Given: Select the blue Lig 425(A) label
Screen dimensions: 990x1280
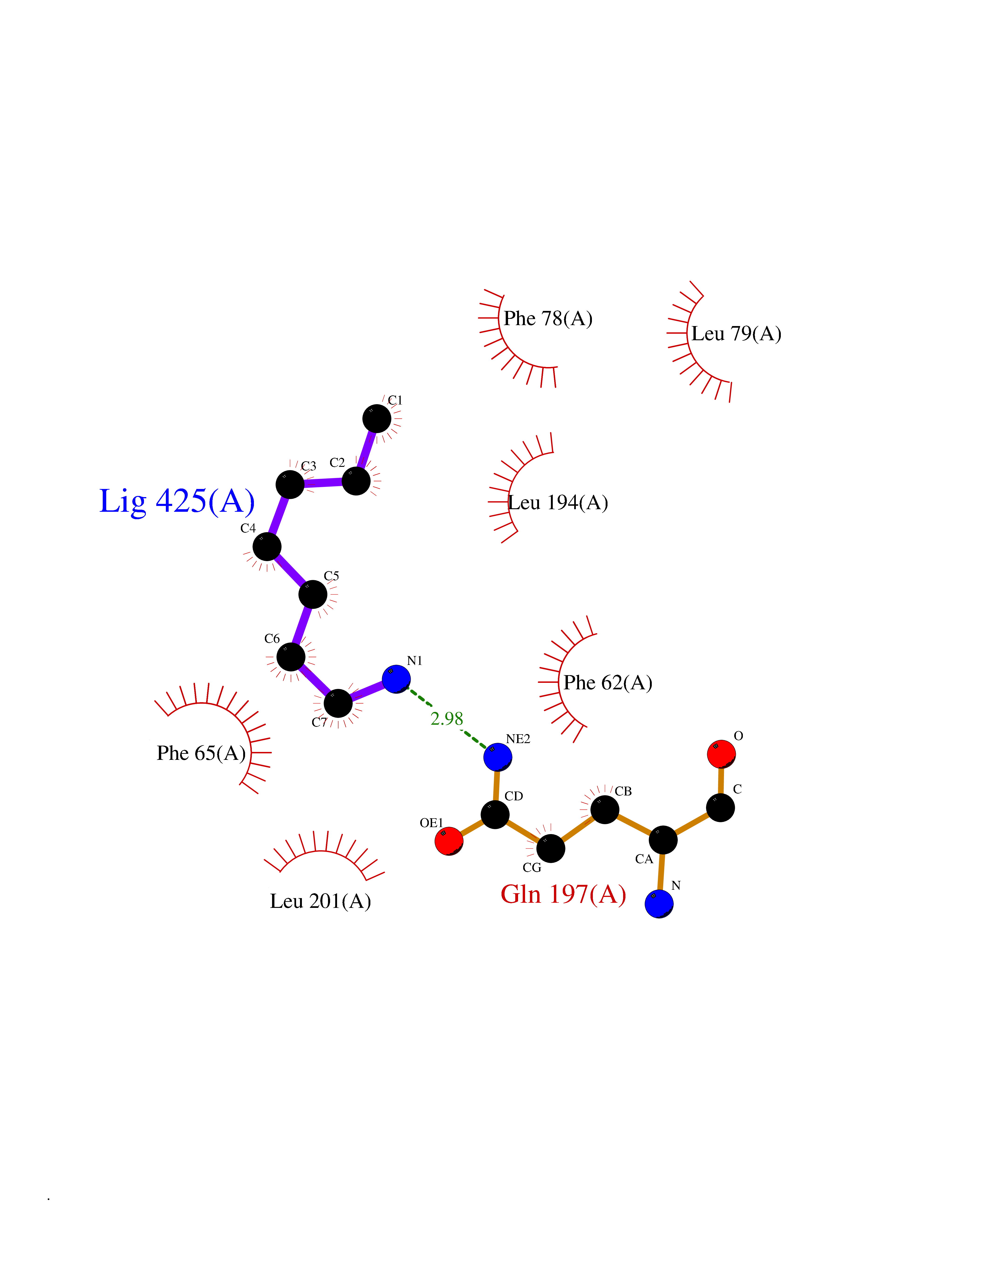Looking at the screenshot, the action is (x=177, y=502).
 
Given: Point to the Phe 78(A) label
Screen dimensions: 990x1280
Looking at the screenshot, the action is (x=548, y=319).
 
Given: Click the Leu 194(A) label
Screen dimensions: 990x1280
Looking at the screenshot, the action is (x=558, y=503).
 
